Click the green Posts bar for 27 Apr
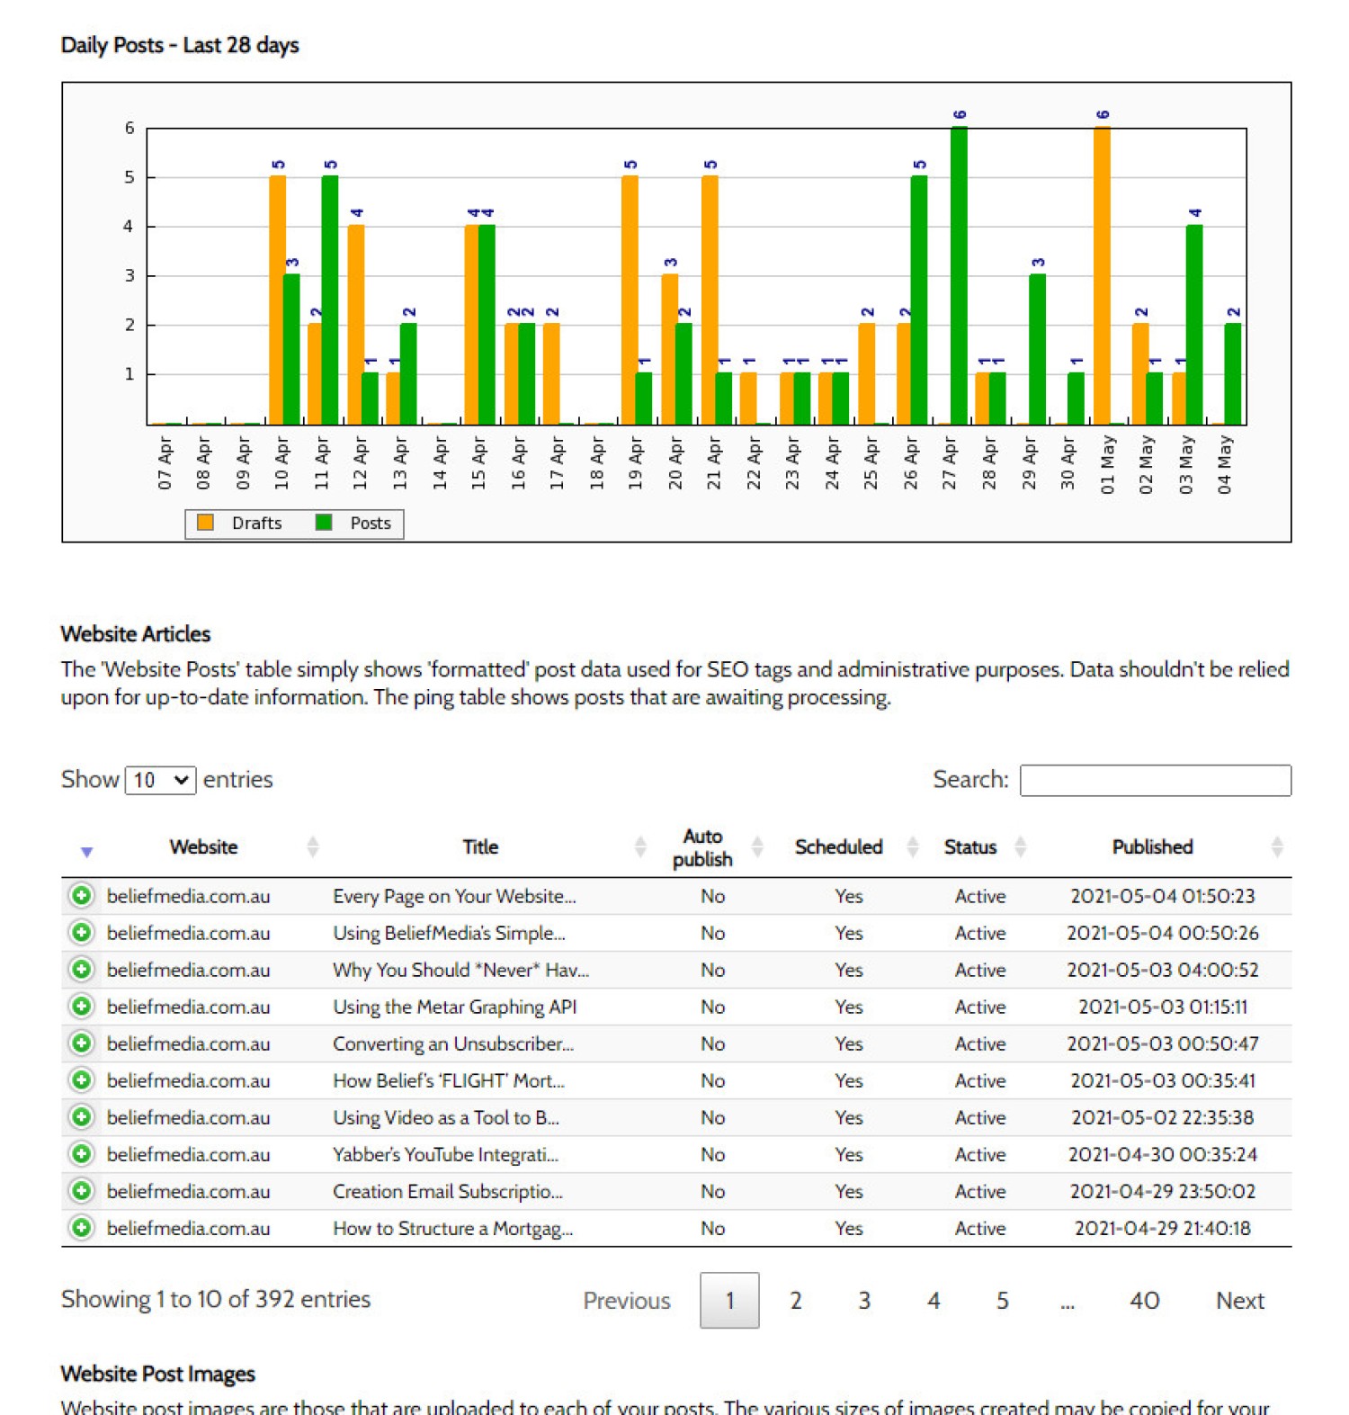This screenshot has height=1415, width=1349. pyautogui.click(x=959, y=275)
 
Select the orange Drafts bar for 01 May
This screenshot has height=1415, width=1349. pyautogui.click(x=1102, y=275)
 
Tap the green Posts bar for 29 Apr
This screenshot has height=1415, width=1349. pyautogui.click(x=1037, y=349)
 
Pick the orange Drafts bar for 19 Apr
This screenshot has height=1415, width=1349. pyautogui.click(x=630, y=300)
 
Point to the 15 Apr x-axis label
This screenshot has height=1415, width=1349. pyautogui.click(x=478, y=463)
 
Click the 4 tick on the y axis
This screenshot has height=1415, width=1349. pyautogui.click(x=129, y=226)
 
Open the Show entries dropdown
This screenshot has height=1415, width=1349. pyautogui.click(x=160, y=780)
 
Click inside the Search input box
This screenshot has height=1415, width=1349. pyautogui.click(x=1156, y=780)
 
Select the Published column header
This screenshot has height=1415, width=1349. pyautogui.click(x=1152, y=846)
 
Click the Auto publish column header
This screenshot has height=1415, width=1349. pyautogui.click(x=702, y=847)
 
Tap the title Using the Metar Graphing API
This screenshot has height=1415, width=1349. pyautogui.click(x=455, y=1007)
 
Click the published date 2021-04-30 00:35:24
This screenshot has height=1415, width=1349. pyautogui.click(x=1163, y=1154)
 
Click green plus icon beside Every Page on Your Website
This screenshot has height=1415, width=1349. pyautogui.click(x=81, y=896)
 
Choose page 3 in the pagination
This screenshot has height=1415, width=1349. pyautogui.click(x=864, y=1300)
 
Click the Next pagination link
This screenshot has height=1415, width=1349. pyautogui.click(x=1240, y=1300)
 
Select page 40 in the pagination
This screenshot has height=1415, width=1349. pyautogui.click(x=1144, y=1300)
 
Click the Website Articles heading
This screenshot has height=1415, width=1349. pyautogui.click(x=136, y=634)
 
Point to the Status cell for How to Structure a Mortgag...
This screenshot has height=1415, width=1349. pyautogui.click(x=980, y=1228)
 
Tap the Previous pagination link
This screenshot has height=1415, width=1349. pyautogui.click(x=627, y=1300)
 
